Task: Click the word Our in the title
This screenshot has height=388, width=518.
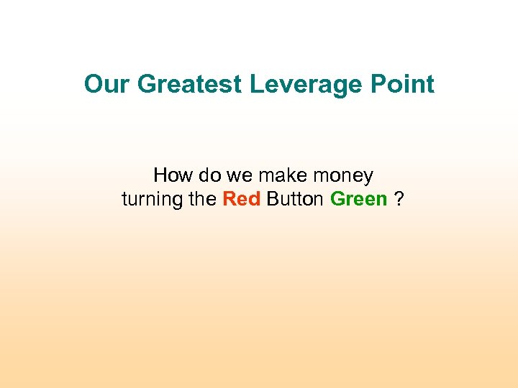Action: pyautogui.click(x=107, y=85)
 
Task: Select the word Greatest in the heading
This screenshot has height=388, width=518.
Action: pyautogui.click(x=189, y=85)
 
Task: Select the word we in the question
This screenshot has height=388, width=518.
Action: pyautogui.click(x=235, y=175)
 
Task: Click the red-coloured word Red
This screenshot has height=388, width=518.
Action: pyautogui.click(x=241, y=199)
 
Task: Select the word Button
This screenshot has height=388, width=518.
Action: pyautogui.click(x=295, y=199)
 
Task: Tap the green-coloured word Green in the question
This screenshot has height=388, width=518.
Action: pyautogui.click(x=358, y=199)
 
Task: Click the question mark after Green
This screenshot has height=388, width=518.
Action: pyautogui.click(x=399, y=199)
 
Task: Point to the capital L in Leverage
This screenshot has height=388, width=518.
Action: pyautogui.click(x=255, y=85)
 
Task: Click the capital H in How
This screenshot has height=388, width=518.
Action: pyautogui.click(x=160, y=175)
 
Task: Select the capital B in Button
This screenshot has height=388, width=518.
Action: pyautogui.click(x=271, y=199)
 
